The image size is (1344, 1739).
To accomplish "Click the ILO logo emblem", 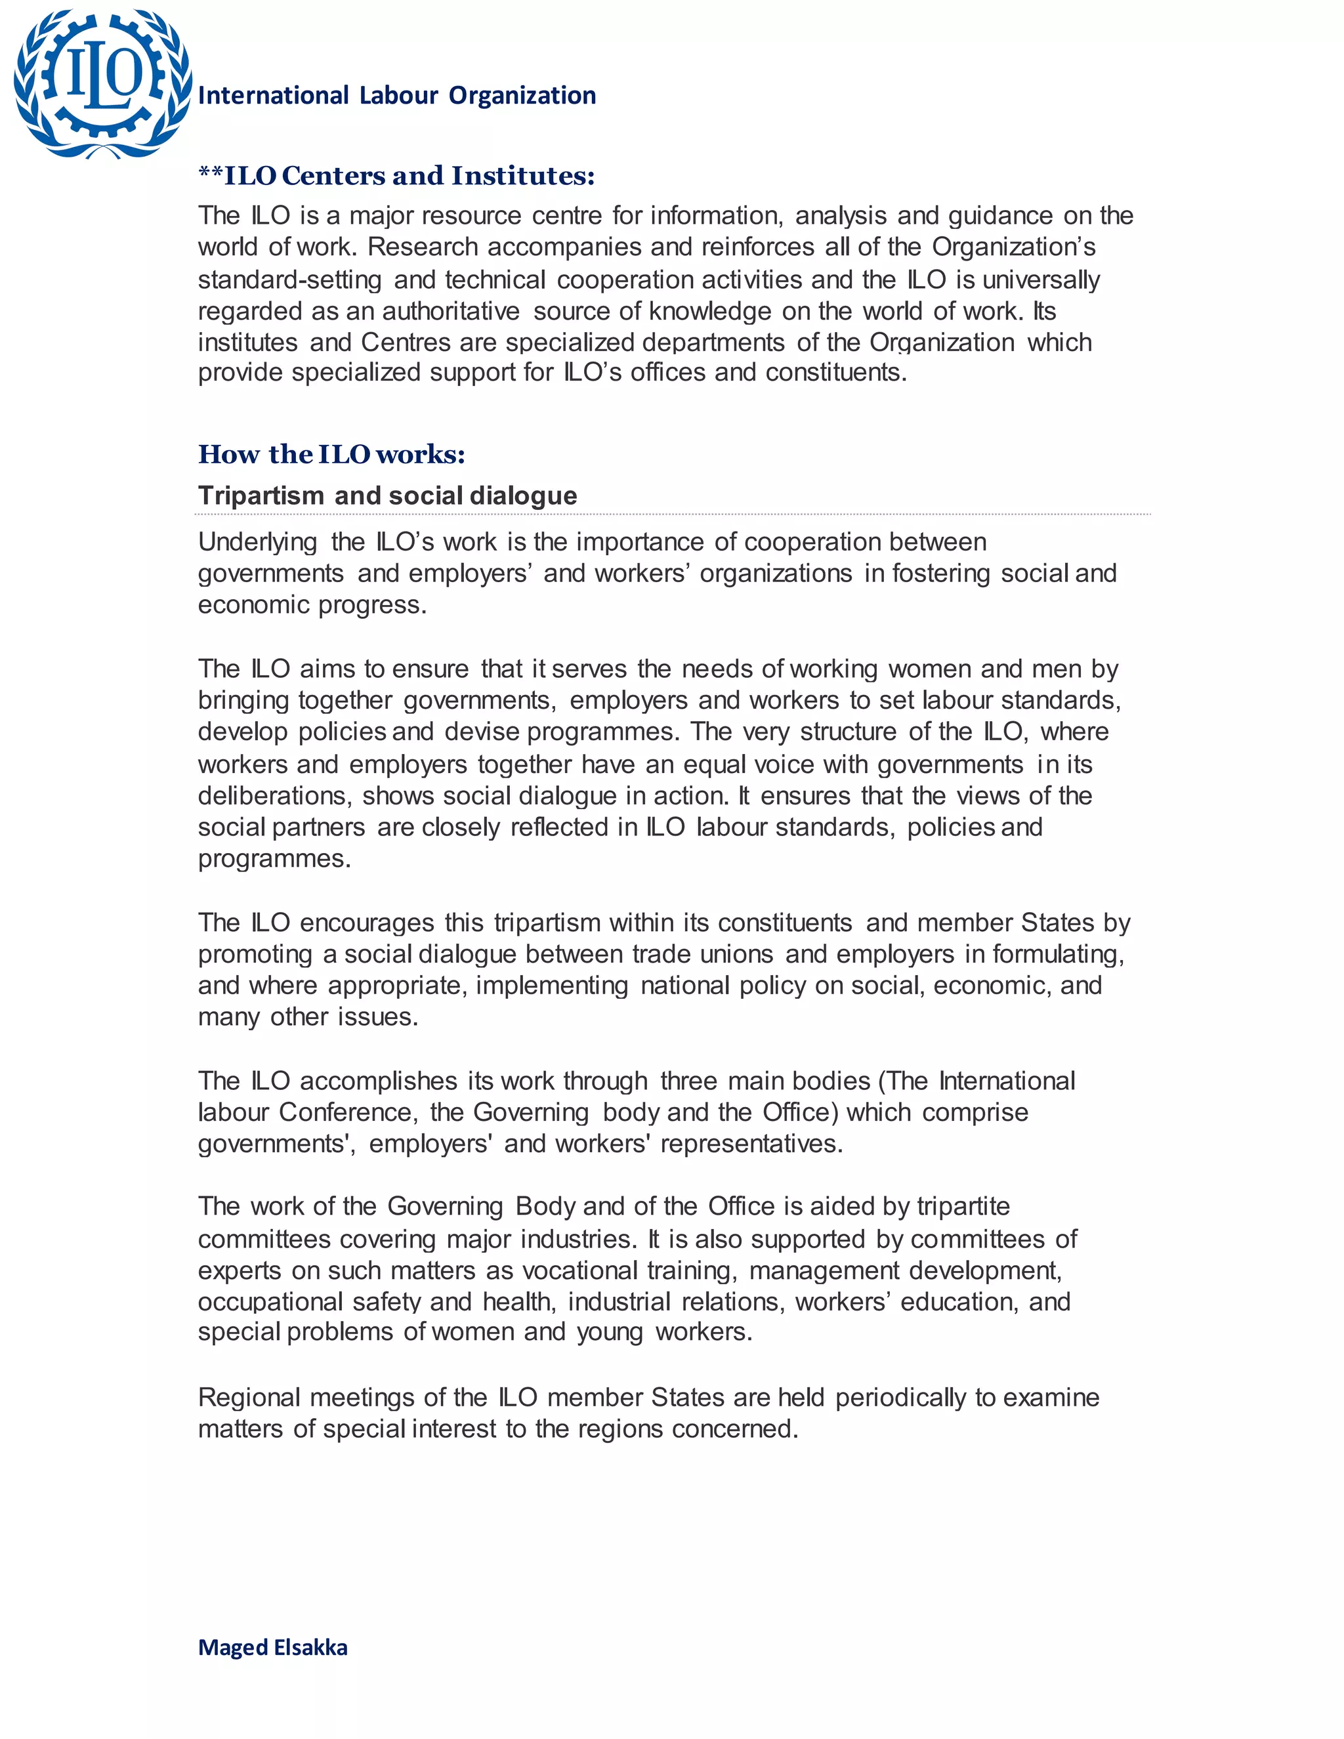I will pos(102,83).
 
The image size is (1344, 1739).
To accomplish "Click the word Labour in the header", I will pos(399,96).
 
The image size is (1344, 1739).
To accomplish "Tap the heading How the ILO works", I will pos(331,454).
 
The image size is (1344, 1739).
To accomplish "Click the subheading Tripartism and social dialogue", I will pos(387,495).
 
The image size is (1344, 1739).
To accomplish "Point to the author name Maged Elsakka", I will pos(272,1646).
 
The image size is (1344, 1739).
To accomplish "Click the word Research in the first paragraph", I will pos(423,247).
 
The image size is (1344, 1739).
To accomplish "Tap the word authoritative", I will pos(451,310).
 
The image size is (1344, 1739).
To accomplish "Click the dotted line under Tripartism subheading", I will pos(673,514).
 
